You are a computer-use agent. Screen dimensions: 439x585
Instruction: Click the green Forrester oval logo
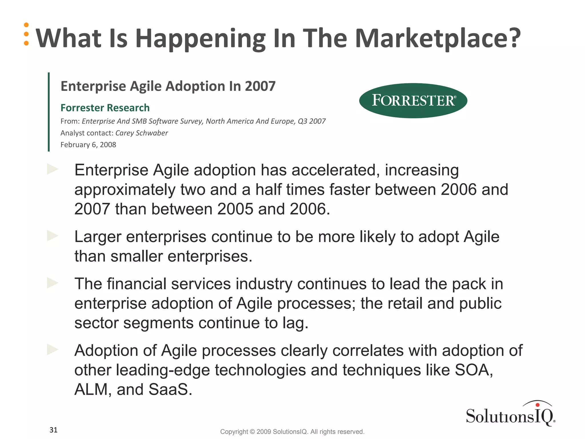[x=413, y=101]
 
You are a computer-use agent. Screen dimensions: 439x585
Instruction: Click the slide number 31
[x=53, y=430]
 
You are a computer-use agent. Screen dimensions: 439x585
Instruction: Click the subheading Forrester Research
[x=105, y=108]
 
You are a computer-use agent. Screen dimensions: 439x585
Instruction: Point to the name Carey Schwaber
[x=141, y=133]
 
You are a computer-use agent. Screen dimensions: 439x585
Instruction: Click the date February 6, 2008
[x=88, y=145]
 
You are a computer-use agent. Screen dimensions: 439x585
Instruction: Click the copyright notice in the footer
[x=292, y=432]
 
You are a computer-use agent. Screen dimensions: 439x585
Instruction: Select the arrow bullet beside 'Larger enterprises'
[x=53, y=236]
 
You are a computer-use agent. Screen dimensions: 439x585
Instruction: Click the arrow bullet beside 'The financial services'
[x=53, y=283]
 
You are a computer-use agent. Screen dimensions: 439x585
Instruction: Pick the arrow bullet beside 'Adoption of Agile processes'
[x=53, y=350]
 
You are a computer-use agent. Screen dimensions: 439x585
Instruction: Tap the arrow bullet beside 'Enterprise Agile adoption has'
[x=53, y=169]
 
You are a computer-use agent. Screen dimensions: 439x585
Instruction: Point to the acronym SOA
[x=473, y=370]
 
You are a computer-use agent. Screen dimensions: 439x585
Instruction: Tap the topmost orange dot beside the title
[x=26, y=25]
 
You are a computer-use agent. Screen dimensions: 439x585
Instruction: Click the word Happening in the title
[x=200, y=39]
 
